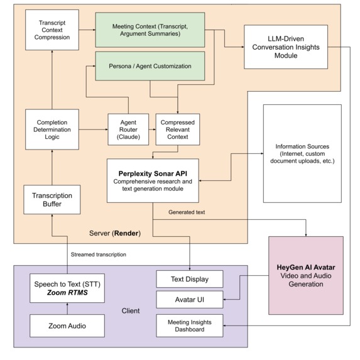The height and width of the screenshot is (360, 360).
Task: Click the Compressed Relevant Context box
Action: (177, 129)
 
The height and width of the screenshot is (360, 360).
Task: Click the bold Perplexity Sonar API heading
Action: (153, 171)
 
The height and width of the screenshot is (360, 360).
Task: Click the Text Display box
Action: (190, 278)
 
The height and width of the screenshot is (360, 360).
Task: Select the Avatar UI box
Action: (190, 300)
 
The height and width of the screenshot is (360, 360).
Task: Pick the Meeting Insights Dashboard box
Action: (190, 325)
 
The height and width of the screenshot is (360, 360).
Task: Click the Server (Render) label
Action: (115, 233)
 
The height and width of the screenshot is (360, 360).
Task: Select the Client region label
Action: (131, 310)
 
